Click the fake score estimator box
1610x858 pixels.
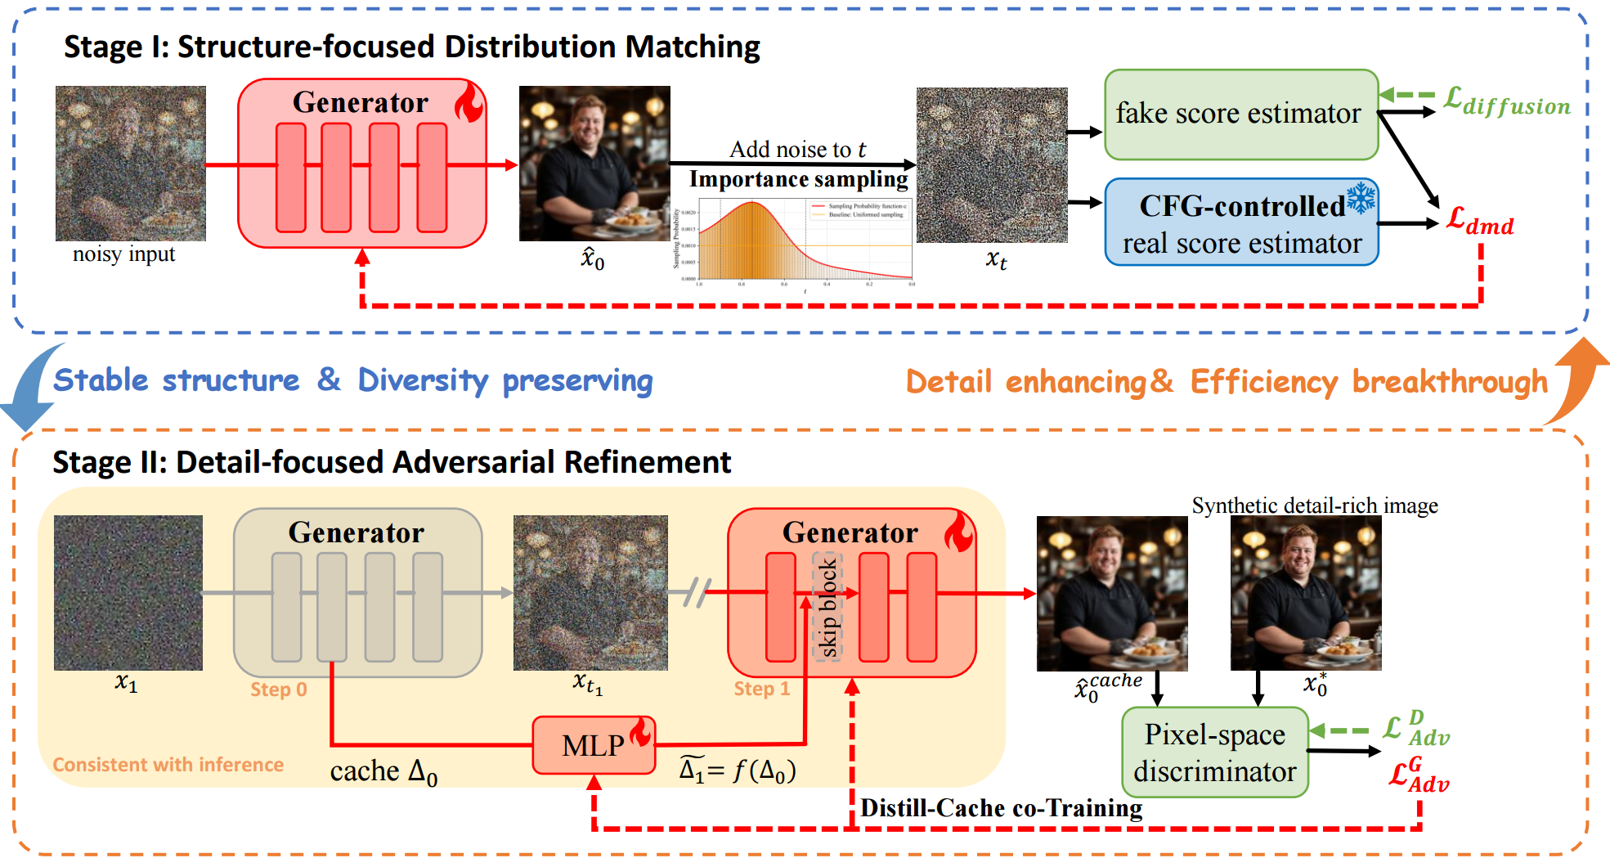click(x=1240, y=115)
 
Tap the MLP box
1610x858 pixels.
click(x=593, y=745)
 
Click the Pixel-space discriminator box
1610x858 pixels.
click(x=1214, y=752)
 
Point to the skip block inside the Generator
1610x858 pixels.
click(x=827, y=607)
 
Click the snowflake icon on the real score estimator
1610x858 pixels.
click(x=1361, y=198)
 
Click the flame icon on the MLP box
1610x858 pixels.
click(x=640, y=732)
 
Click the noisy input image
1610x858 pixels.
click(x=130, y=164)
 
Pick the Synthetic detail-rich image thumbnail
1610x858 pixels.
click(x=1305, y=593)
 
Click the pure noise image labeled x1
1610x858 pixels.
click(x=128, y=593)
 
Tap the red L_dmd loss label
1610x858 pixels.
click(x=1480, y=220)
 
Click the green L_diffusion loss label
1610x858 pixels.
click(x=1506, y=101)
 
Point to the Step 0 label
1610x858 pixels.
click(x=278, y=690)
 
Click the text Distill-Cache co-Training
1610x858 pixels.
click(x=1001, y=808)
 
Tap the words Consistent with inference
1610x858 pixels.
click(x=168, y=765)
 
